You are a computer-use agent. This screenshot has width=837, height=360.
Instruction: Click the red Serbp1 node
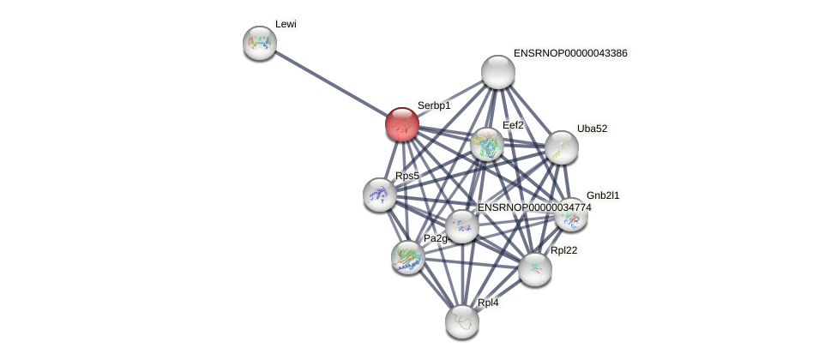tap(401, 124)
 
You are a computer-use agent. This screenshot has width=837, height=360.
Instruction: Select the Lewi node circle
tap(259, 42)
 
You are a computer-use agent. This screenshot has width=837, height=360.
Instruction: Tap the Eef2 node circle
tap(486, 144)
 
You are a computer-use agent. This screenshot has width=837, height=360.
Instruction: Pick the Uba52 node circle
tap(561, 147)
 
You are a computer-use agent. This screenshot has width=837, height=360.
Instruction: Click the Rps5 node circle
tap(379, 195)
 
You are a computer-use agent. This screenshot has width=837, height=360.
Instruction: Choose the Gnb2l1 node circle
tap(570, 214)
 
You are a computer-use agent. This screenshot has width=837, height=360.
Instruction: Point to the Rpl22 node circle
tap(534, 269)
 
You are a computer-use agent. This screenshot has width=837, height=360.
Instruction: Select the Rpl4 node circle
tap(461, 321)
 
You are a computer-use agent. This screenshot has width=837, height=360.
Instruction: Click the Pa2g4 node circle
tap(407, 256)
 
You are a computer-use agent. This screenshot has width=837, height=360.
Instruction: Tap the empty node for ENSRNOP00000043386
tap(497, 72)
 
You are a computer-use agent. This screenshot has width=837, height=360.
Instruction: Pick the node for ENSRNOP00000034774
tap(461, 226)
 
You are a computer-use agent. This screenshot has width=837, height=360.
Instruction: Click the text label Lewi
tap(286, 24)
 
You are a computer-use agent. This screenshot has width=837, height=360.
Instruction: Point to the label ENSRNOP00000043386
tap(569, 53)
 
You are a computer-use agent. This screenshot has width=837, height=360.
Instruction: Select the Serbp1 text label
tap(434, 105)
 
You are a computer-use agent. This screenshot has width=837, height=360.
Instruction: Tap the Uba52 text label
tap(592, 129)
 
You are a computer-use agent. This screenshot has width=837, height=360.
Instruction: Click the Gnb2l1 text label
tap(602, 195)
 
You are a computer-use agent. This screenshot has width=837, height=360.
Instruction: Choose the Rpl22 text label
tap(564, 250)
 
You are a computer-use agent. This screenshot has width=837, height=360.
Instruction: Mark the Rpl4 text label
tap(488, 303)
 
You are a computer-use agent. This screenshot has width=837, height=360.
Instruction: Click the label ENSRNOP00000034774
tap(534, 207)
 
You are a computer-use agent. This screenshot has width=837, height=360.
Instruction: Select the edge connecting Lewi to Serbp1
tap(330, 83)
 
